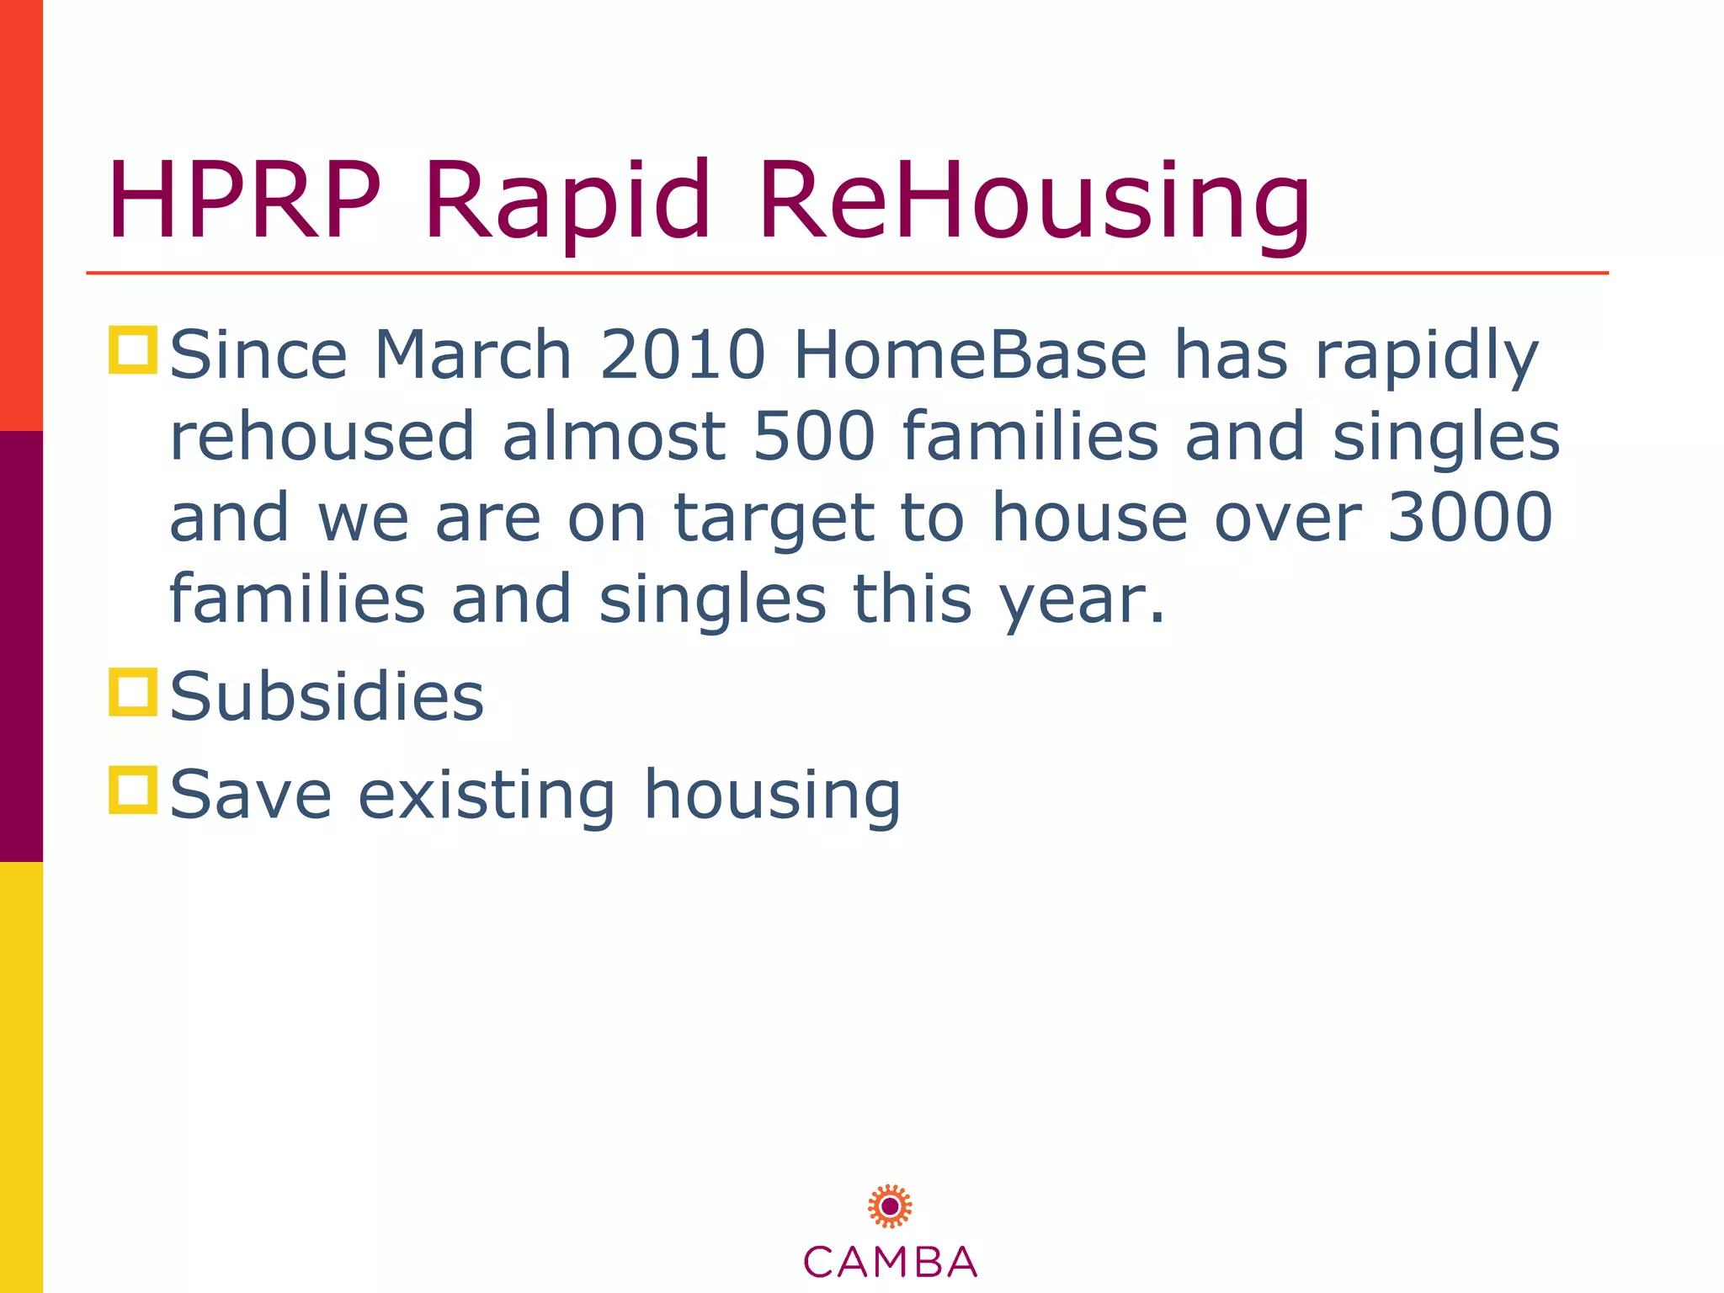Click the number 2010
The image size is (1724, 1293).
click(x=683, y=355)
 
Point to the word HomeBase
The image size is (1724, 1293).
click(x=971, y=355)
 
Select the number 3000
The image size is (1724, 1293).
click(x=1469, y=517)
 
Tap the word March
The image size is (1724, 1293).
click(x=473, y=355)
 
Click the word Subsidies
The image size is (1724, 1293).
click(x=327, y=697)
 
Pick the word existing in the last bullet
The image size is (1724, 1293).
click(x=487, y=795)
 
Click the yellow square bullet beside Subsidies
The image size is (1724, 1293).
click(x=133, y=692)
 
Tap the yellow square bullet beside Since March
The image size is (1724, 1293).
click(x=133, y=350)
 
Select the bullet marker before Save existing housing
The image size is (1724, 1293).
click(x=133, y=790)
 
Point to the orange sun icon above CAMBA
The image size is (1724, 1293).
click(x=890, y=1206)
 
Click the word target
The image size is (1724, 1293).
click(x=774, y=519)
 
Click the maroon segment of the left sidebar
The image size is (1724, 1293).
click(x=21, y=646)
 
